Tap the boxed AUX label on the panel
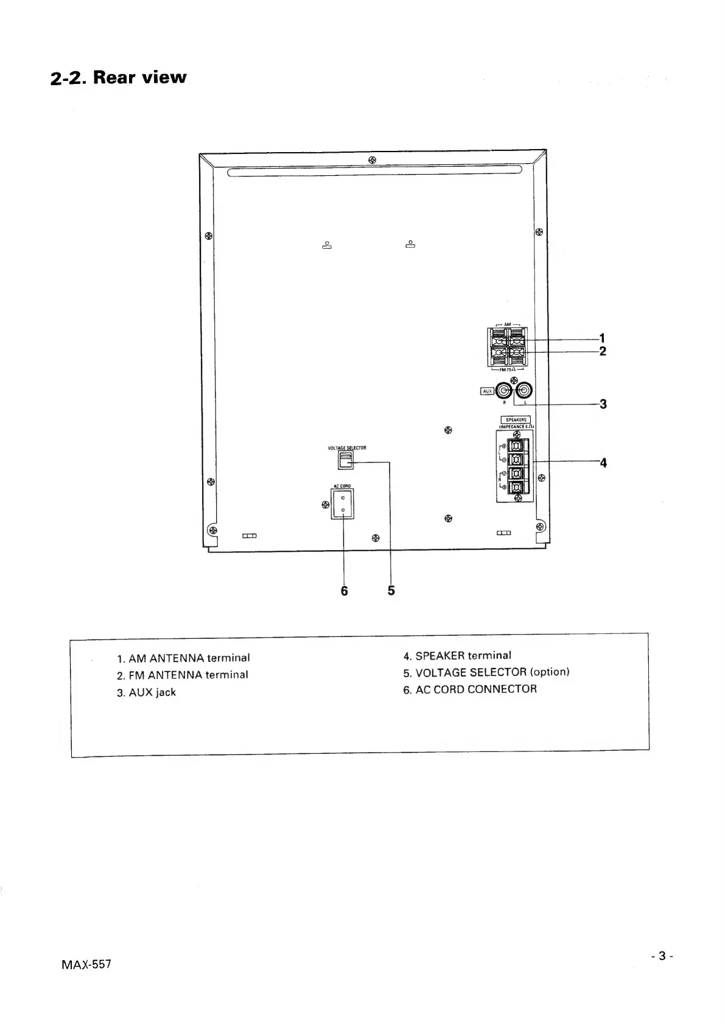(487, 391)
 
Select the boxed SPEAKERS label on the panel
(515, 420)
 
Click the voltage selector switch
(345, 460)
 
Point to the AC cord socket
(343, 504)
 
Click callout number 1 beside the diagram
(602, 338)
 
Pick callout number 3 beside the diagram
(603, 403)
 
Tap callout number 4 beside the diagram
(603, 462)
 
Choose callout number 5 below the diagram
(391, 590)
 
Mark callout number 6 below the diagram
(344, 590)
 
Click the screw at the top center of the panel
(372, 160)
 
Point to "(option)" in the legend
(550, 672)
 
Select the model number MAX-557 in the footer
(86, 964)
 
